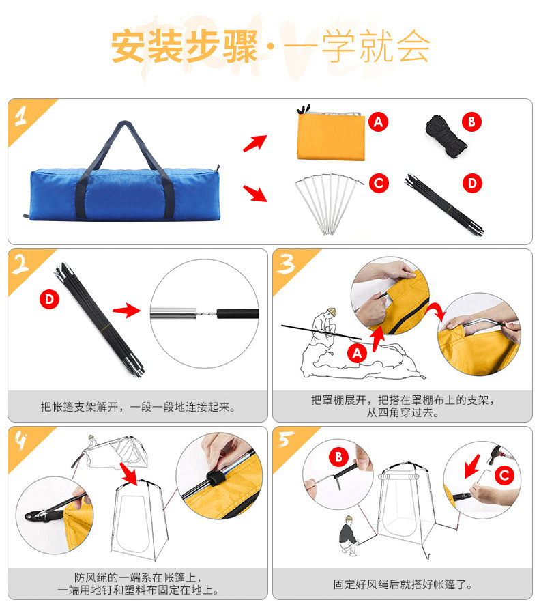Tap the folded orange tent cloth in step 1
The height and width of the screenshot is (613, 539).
[x=331, y=135]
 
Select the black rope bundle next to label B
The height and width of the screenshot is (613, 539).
[x=446, y=137]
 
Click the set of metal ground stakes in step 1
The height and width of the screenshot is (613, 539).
[x=329, y=203]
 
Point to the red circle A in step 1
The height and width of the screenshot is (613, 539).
[x=379, y=122]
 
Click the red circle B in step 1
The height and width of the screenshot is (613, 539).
[x=471, y=122]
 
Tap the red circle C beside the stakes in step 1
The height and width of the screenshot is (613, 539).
[x=379, y=184]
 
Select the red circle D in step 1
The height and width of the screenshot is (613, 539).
[x=472, y=184]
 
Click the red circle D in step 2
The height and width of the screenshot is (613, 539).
[x=49, y=300]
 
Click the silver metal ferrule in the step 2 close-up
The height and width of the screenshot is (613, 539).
[x=173, y=313]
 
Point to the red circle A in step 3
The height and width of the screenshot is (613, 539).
[x=358, y=354]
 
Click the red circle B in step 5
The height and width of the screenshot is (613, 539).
[x=338, y=457]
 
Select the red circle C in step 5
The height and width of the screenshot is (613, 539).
[x=504, y=475]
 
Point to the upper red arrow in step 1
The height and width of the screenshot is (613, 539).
[x=255, y=143]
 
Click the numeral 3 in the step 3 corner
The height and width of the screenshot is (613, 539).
[x=287, y=264]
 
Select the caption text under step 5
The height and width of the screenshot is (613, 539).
[x=403, y=584]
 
